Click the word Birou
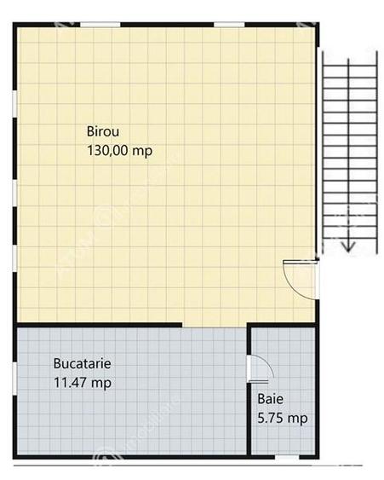click(103, 131)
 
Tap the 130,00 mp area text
click(120, 151)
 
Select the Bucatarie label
click(82, 362)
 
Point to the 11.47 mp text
click(82, 382)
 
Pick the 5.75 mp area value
click(282, 418)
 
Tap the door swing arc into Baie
click(262, 366)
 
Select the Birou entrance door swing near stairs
click(298, 277)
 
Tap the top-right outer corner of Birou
click(318, 25)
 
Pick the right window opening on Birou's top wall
click(229, 24)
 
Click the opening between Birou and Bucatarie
click(215, 325)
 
